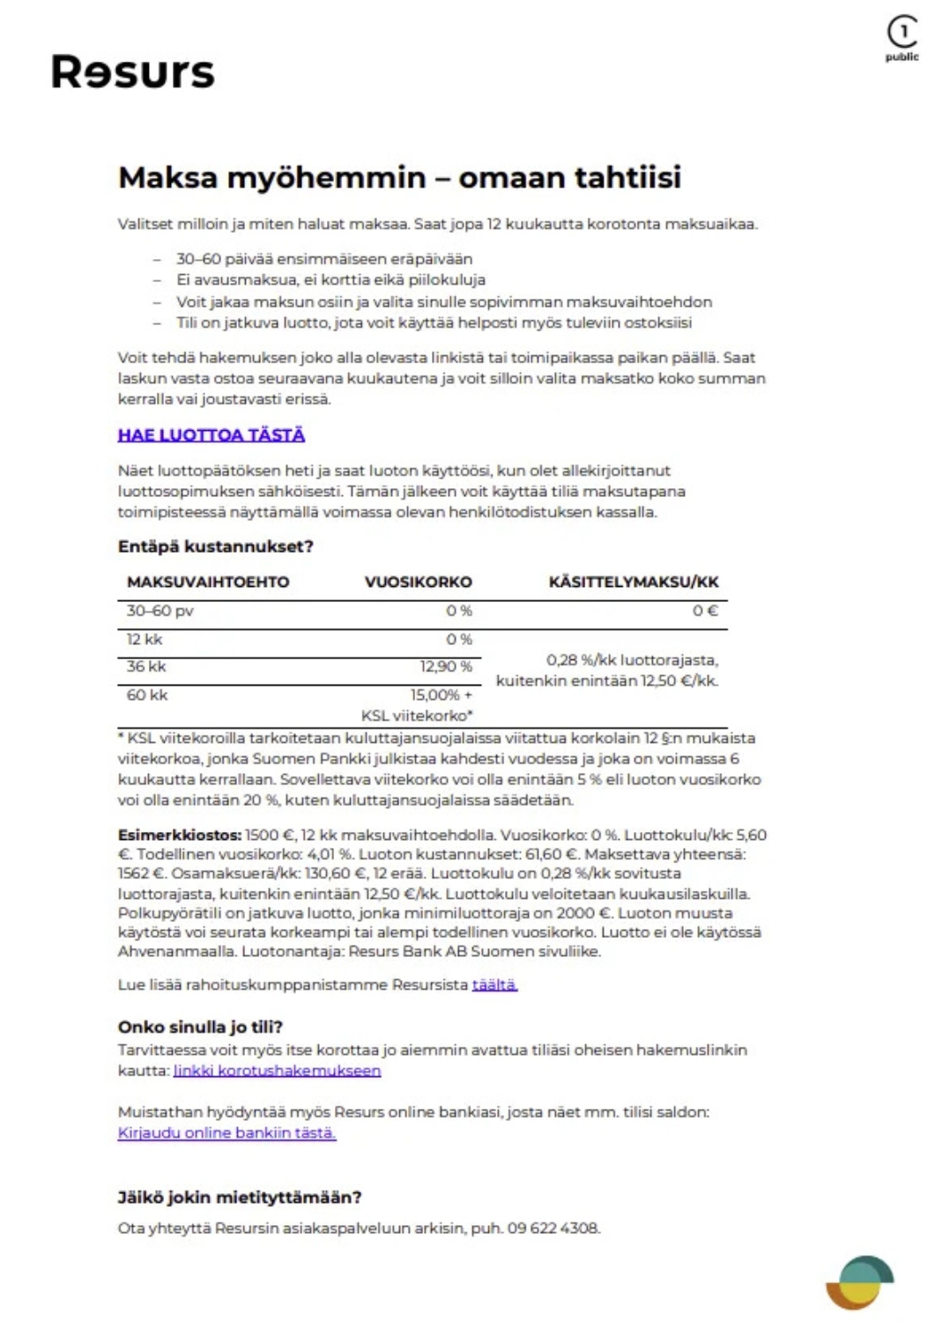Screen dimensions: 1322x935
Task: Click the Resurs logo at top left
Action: click(132, 72)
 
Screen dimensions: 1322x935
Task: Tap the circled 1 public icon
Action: click(902, 37)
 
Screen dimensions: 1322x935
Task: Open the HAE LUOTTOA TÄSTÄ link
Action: click(211, 434)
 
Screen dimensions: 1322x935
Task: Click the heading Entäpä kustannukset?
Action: click(216, 546)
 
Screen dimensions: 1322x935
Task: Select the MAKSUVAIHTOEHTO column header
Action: click(208, 582)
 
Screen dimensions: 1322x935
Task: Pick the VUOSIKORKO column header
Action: click(419, 582)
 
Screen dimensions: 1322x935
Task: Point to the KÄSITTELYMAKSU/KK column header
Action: click(634, 582)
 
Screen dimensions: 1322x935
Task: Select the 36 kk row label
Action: click(146, 666)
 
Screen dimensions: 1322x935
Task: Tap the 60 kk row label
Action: click(147, 694)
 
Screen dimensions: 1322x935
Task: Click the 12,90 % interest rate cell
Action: click(446, 666)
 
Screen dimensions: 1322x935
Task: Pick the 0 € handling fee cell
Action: click(705, 611)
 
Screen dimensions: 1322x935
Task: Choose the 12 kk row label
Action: click(145, 639)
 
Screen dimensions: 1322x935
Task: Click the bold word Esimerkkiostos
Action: click(179, 835)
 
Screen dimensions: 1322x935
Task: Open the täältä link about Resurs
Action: click(494, 984)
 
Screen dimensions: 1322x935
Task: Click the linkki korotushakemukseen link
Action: click(277, 1071)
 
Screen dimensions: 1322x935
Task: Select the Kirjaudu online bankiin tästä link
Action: click(226, 1133)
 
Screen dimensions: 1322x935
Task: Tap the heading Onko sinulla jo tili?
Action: click(200, 1027)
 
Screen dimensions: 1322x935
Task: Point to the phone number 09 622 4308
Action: click(553, 1228)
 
